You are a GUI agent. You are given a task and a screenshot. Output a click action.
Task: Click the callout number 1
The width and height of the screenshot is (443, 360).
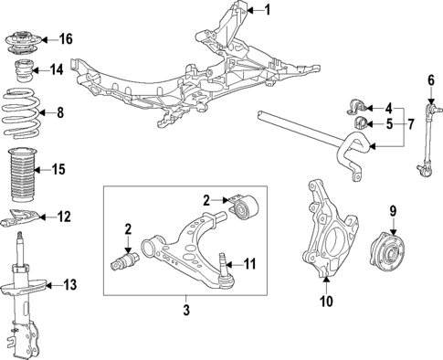coord(268,11)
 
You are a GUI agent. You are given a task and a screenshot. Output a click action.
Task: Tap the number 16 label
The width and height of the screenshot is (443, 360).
coord(65,38)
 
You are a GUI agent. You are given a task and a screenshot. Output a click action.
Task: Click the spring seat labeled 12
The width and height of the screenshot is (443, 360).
coord(23,217)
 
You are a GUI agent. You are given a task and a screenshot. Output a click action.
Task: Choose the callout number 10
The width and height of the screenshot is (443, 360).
coord(327,301)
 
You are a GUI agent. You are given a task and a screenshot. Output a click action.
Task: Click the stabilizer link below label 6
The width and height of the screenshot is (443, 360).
coord(427,137)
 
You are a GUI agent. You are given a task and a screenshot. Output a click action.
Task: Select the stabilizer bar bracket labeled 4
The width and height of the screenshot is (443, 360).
coord(358,103)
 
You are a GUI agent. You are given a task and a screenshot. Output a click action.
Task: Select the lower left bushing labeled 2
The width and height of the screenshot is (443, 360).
coord(123,263)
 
